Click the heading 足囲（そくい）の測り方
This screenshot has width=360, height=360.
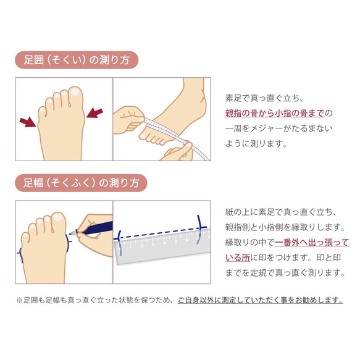76,61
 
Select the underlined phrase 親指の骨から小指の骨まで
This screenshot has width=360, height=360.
274,113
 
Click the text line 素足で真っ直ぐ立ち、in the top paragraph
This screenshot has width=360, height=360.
264,98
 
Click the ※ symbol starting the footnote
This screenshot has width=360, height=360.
19,301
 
